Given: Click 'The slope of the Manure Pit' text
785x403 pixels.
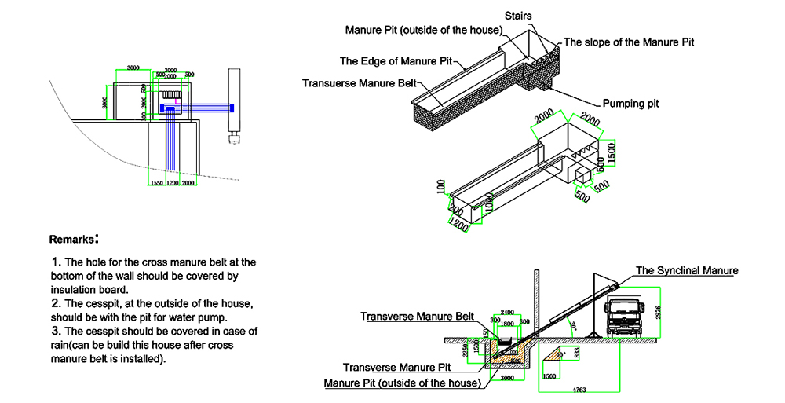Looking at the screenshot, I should tap(629, 42).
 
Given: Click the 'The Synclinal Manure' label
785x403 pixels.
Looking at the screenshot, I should tap(687, 270).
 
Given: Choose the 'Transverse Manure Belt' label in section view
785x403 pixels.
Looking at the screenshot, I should tap(418, 317).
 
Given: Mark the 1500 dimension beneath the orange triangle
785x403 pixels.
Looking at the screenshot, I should tap(549, 376).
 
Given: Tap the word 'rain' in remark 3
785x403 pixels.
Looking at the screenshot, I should tap(62, 345).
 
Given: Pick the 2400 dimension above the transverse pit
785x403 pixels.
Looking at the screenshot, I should tap(506, 312).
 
